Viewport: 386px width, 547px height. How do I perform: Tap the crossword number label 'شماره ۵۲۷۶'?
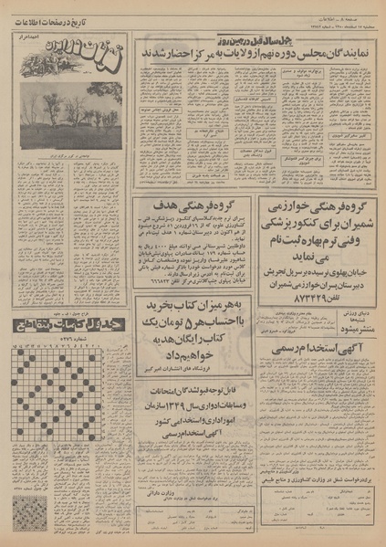(70, 344)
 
